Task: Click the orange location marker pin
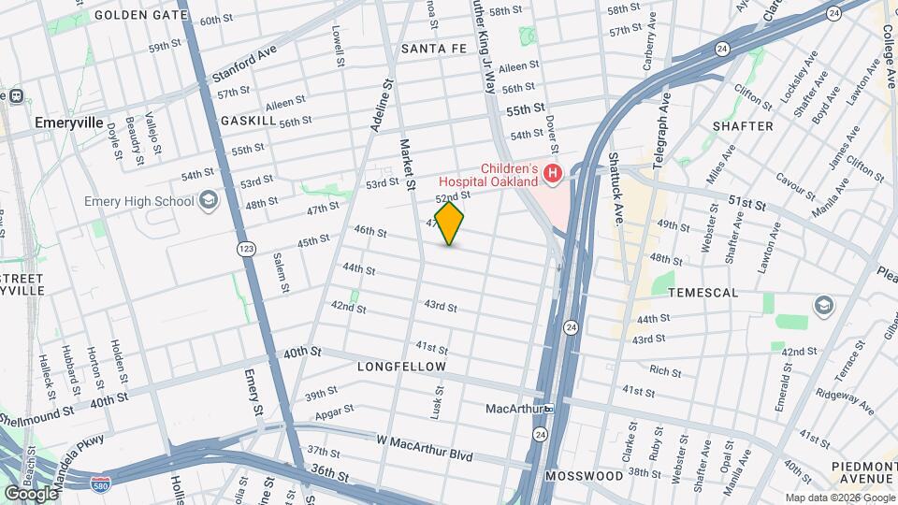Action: (450, 223)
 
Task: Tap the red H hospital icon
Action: (553, 173)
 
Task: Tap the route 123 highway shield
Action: (245, 249)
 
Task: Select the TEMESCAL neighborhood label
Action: (703, 293)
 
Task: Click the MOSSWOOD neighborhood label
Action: (586, 476)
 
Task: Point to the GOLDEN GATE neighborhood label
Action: (141, 16)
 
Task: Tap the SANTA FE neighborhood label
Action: (433, 48)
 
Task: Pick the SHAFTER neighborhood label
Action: (743, 126)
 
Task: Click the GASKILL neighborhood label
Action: (248, 122)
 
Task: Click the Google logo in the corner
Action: (31, 493)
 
